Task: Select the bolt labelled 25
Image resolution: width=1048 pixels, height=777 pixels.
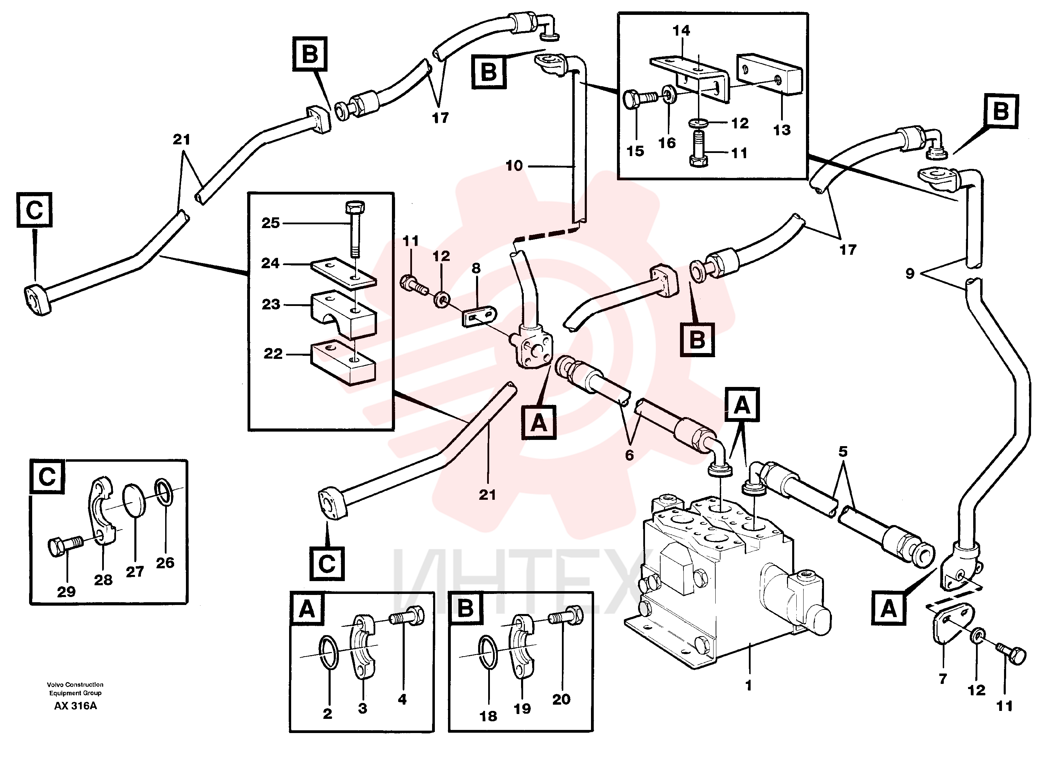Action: point(355,228)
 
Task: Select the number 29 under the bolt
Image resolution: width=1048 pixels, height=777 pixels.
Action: point(66,592)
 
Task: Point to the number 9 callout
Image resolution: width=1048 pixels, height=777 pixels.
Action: point(910,273)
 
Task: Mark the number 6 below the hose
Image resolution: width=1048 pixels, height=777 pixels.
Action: point(629,455)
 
